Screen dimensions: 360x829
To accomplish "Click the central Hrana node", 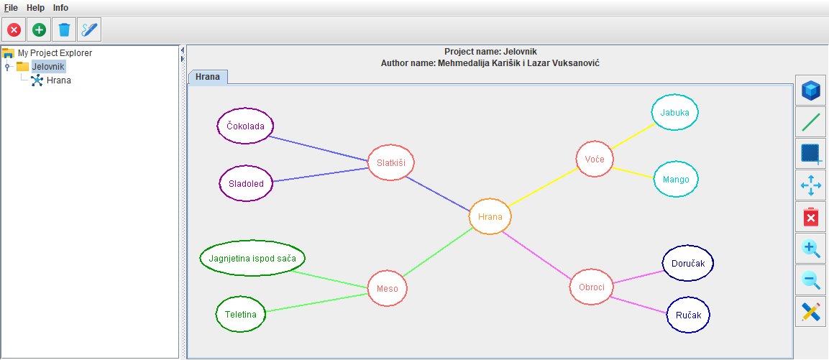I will point(490,216).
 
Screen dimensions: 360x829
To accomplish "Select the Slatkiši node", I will point(391,163).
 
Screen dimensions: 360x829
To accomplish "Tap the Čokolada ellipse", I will point(245,126).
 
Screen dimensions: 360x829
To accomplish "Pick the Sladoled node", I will point(247,183).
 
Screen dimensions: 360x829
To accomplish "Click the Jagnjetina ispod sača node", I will point(252,258).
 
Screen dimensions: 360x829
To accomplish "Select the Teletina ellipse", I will point(241,315).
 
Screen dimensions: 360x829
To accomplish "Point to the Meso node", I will point(388,289).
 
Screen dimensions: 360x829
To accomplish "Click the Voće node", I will point(595,159).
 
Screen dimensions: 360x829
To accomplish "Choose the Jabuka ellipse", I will point(675,113).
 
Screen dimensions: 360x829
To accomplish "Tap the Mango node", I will point(676,180).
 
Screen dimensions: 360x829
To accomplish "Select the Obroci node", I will point(591,287).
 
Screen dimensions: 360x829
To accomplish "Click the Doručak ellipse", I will point(688,264).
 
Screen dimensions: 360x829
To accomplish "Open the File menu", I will point(11,7).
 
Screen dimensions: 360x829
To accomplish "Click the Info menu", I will point(61,7).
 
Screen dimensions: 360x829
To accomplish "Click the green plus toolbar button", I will point(39,30).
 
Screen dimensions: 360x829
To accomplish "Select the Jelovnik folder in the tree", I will point(47,66).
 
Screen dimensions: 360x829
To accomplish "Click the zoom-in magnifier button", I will point(811,249).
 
